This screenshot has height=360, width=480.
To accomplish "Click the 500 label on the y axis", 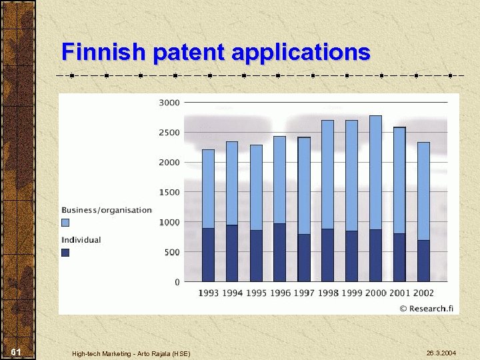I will pyautogui.click(x=171, y=252).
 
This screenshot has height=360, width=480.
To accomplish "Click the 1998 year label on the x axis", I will pyautogui.click(x=327, y=293).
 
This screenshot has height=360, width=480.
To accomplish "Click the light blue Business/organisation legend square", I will pyautogui.click(x=65, y=222).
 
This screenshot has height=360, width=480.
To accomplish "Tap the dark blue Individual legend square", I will pyautogui.click(x=65, y=252).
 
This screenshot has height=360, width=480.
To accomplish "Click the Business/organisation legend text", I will pyautogui.click(x=107, y=210).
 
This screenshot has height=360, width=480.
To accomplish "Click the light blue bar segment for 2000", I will pyautogui.click(x=375, y=173).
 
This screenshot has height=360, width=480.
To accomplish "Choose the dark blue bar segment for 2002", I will pyautogui.click(x=423, y=261).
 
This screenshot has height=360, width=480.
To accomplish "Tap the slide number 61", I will pyautogui.click(x=17, y=351).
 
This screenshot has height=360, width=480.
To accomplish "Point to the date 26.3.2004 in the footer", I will pyautogui.click(x=441, y=351).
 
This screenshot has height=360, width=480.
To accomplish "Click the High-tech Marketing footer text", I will pyautogui.click(x=131, y=353).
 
